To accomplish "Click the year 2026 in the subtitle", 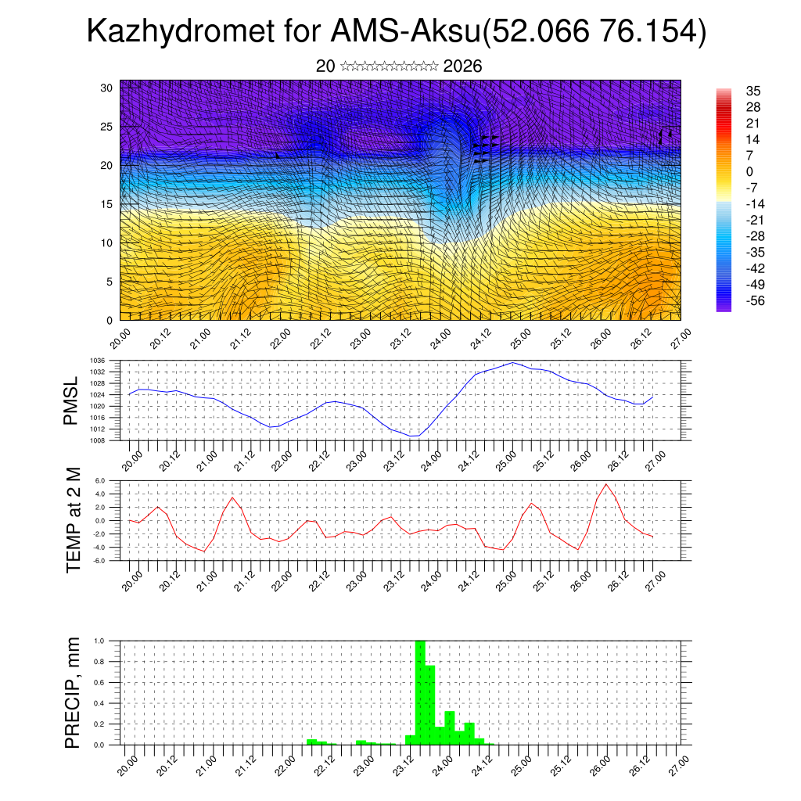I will (462, 66).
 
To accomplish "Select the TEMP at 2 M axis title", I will (73, 520).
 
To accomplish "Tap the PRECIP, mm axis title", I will (73, 692).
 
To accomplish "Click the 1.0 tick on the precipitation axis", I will (110, 641).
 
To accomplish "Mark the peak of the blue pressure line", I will (513, 362).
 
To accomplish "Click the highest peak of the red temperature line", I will (606, 484).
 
